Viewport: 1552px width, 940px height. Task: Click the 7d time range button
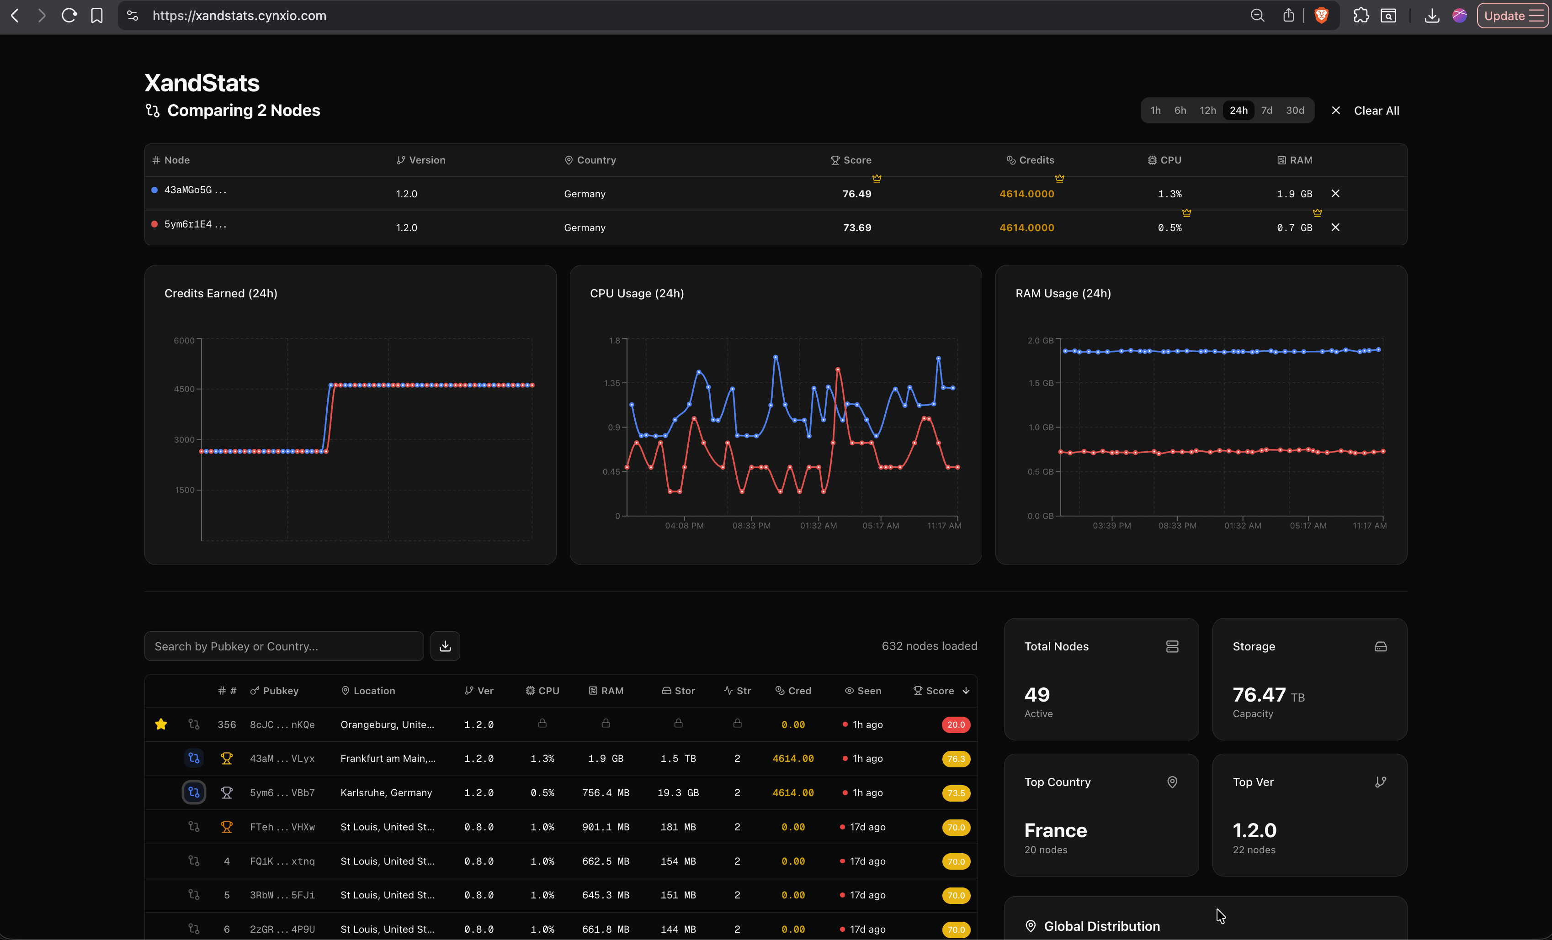1266,110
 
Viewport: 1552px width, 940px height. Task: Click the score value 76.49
856,194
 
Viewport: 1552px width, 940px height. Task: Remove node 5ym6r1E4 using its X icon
1335,227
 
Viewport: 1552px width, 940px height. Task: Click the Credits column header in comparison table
1036,160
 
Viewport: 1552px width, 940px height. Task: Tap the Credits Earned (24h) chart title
220,293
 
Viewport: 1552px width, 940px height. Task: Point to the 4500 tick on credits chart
184,389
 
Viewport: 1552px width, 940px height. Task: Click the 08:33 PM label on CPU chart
751,526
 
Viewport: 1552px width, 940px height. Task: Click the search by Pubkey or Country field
283,646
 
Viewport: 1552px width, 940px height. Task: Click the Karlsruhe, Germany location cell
386,792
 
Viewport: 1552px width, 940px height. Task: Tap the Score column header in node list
939,691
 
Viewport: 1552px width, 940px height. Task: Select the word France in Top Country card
1055,830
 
